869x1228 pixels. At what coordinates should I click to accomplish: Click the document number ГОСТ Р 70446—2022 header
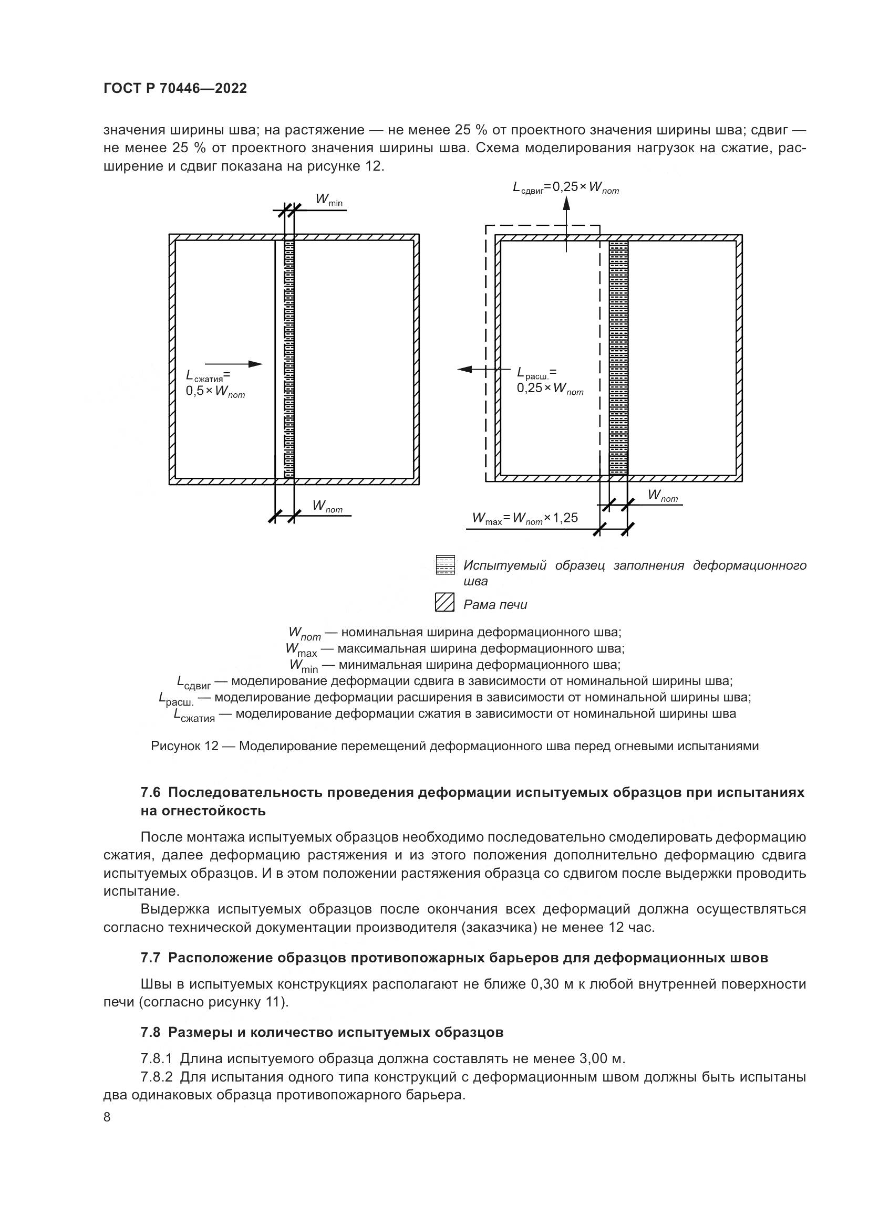[x=175, y=89]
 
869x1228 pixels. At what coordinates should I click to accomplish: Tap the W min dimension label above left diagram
[x=328, y=200]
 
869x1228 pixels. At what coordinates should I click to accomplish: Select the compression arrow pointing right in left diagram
[x=234, y=364]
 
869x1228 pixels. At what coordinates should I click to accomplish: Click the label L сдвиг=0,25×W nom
[x=566, y=187]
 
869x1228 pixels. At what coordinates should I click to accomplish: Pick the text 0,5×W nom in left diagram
[x=215, y=392]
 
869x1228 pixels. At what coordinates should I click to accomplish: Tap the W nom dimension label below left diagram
[x=327, y=506]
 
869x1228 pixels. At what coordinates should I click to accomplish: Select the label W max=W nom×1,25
[x=524, y=518]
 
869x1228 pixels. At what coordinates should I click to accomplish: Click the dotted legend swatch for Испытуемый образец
[x=445, y=565]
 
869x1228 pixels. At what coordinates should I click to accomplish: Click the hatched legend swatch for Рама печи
[x=445, y=603]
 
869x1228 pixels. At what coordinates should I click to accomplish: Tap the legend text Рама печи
[x=495, y=605]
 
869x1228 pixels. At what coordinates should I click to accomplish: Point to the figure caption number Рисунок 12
[x=184, y=746]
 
